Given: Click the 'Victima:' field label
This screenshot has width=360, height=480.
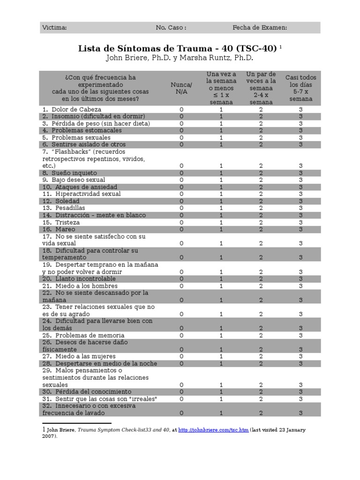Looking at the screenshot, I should pos(54,28).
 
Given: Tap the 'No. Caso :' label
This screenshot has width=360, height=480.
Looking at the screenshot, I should pos(171,28).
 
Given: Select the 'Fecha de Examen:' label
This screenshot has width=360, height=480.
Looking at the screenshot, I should pos(260,28).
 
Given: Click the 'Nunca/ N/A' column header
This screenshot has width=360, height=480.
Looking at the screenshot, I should pos(181,88).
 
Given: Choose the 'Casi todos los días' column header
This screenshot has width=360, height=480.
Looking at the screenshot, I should pos(301,88).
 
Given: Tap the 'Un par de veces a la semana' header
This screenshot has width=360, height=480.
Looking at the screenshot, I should pos(261,88).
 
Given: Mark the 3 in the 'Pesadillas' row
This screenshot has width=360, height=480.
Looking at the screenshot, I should pos(301,208).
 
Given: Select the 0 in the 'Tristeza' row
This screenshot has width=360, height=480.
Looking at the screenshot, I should pos(181,223).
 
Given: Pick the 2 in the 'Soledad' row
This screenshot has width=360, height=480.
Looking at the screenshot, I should pos(261,201).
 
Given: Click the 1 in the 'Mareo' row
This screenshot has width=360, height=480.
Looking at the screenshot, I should pos(221,230).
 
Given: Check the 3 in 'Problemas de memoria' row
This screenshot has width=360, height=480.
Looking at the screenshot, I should pos(301,336).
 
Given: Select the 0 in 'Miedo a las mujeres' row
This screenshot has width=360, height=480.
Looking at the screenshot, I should pos(181,357).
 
